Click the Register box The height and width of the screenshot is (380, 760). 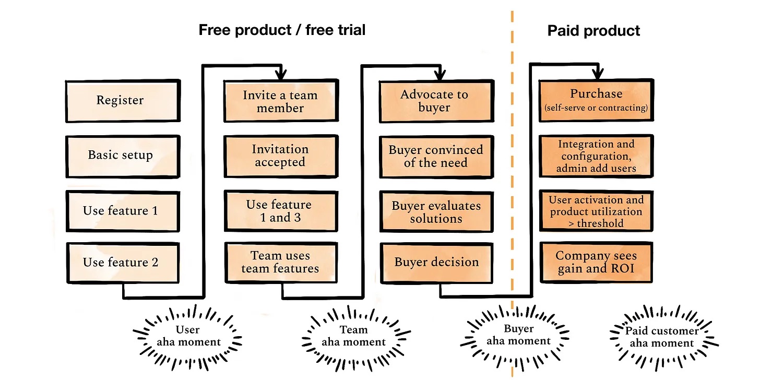tap(123, 101)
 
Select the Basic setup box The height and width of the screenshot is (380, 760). tap(123, 157)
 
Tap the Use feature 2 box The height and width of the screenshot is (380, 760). tap(123, 263)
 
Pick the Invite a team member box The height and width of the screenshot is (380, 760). tap(281, 101)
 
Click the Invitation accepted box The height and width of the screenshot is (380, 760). tap(281, 156)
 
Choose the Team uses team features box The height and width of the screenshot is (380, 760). tap(281, 262)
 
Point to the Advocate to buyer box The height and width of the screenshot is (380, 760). tap(437, 101)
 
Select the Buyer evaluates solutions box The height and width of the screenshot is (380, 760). tap(436, 212)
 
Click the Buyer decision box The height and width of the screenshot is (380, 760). tap(437, 263)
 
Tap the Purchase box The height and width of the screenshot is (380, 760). tap(597, 100)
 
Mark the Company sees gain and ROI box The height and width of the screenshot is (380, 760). tap(596, 262)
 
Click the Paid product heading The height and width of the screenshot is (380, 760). tap(594, 30)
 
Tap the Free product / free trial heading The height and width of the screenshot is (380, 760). tap(282, 30)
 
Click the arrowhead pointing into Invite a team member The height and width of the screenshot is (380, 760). tap(281, 74)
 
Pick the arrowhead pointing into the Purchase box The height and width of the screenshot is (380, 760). tap(598, 73)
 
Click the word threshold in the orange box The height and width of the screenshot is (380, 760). tap(600, 223)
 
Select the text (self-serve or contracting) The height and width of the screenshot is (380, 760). tap(596, 108)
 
